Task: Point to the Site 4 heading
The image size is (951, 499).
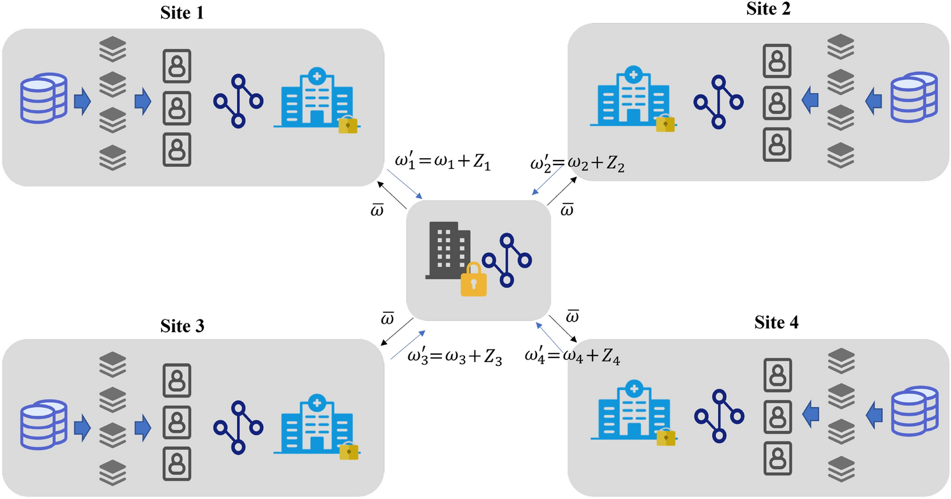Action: point(775,323)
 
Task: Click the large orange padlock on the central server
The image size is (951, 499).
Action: point(473,280)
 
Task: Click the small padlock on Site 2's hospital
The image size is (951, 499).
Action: point(665,123)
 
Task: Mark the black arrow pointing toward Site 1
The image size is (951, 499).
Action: point(391,194)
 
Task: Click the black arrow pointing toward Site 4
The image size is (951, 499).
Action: point(562,329)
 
